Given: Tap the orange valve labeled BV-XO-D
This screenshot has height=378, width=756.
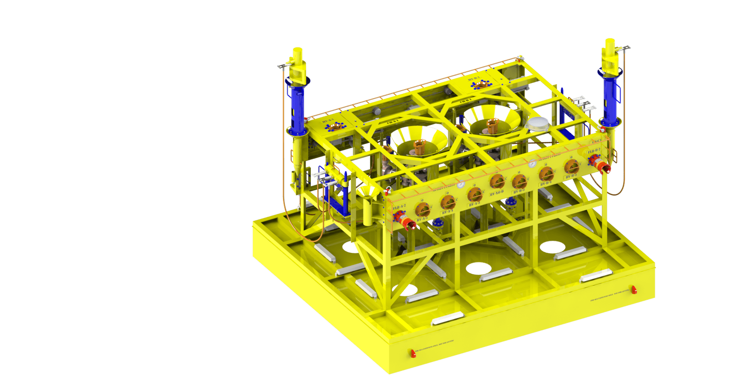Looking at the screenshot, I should click(x=496, y=182).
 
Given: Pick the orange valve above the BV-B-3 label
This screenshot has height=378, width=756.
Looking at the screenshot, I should click(x=571, y=167).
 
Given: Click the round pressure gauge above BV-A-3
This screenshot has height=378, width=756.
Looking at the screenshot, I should click(x=461, y=185).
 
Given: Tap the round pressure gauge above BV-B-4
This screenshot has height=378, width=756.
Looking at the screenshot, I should click(x=532, y=164).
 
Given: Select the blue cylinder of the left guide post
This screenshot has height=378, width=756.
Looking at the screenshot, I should click(x=296, y=107).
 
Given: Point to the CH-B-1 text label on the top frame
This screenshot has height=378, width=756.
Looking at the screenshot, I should click(x=465, y=101).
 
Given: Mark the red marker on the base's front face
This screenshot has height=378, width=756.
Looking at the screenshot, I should click(x=413, y=353).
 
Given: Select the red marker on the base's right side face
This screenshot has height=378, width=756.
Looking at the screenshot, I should click(x=634, y=290).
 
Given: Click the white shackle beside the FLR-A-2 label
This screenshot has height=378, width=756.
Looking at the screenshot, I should click(x=388, y=191).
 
